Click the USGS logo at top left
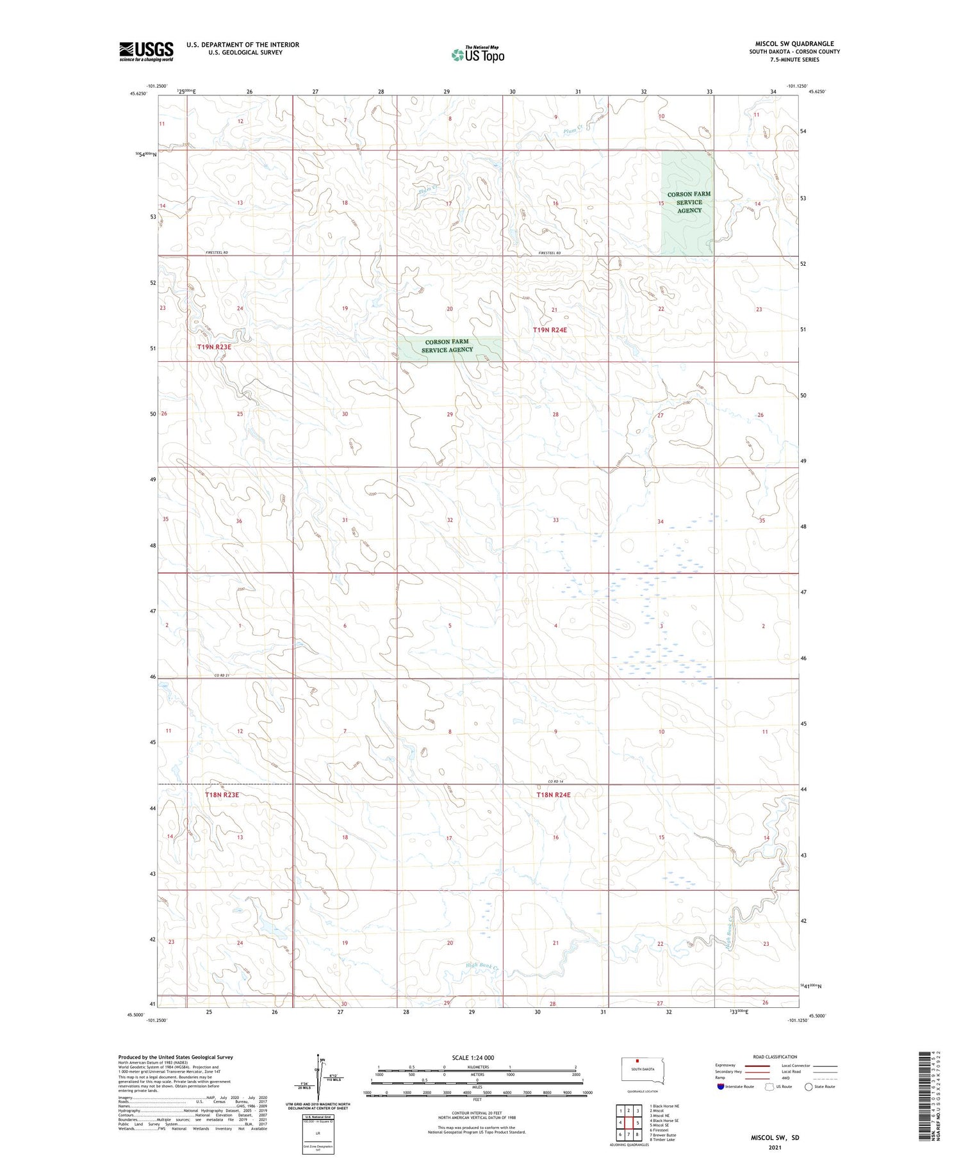tap(146, 51)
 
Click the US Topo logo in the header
tap(478, 55)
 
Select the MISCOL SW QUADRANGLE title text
tap(794, 44)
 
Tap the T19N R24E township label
tap(550, 330)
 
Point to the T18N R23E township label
tap(222, 795)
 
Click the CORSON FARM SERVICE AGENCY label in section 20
tap(447, 346)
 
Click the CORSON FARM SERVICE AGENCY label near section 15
tap(689, 202)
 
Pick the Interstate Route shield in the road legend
tap(721, 1086)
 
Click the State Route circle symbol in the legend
tap(809, 1086)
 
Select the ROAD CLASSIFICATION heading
tap(775, 1057)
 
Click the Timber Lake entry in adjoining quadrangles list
tap(664, 1139)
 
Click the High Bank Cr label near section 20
tap(482, 966)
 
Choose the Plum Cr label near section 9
tap(571, 131)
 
